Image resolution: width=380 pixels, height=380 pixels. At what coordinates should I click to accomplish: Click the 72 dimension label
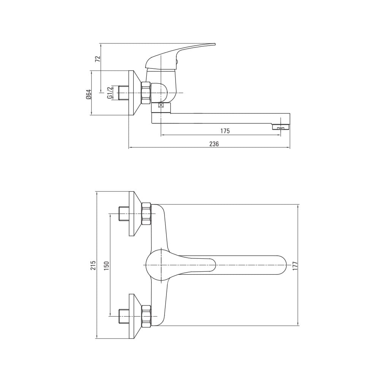98,59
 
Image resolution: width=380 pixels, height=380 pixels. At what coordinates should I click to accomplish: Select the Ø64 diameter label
88,94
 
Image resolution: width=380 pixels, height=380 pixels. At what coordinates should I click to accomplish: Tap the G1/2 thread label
109,92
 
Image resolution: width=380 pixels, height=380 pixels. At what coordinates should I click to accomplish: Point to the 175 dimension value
225,131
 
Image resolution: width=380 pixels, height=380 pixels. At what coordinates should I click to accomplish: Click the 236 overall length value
214,144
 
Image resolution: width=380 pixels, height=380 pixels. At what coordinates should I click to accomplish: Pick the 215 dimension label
93,265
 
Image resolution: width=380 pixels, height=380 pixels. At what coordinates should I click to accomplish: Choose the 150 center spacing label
107,266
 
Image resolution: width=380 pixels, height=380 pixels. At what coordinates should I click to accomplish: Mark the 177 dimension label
295,266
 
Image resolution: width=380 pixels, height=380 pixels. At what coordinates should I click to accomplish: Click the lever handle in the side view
180,56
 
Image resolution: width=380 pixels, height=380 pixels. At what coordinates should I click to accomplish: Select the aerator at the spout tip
281,127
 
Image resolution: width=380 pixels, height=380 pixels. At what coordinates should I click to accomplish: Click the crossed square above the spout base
161,105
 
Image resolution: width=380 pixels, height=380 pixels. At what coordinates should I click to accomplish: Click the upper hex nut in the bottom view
146,214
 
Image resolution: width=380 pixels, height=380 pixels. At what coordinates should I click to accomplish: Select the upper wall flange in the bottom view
135,214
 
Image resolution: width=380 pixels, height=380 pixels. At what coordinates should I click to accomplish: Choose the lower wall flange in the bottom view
135,316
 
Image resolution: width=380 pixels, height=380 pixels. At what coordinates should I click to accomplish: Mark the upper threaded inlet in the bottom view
123,214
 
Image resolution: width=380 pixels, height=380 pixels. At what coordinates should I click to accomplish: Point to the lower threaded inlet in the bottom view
123,316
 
